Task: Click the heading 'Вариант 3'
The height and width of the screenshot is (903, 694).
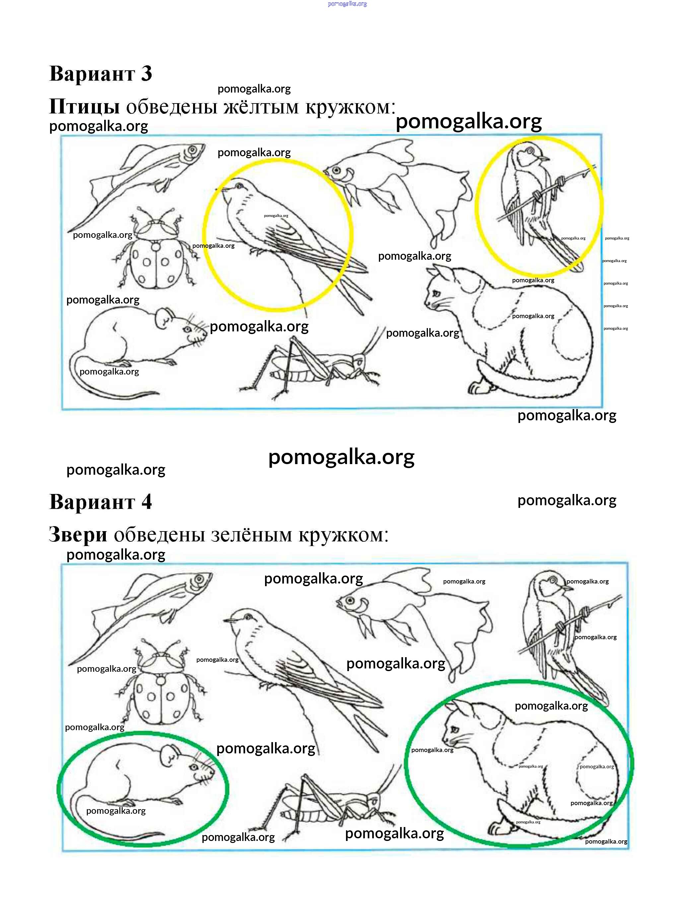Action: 101,74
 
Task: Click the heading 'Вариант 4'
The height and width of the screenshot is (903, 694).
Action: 101,502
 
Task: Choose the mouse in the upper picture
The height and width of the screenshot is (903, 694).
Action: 138,351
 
